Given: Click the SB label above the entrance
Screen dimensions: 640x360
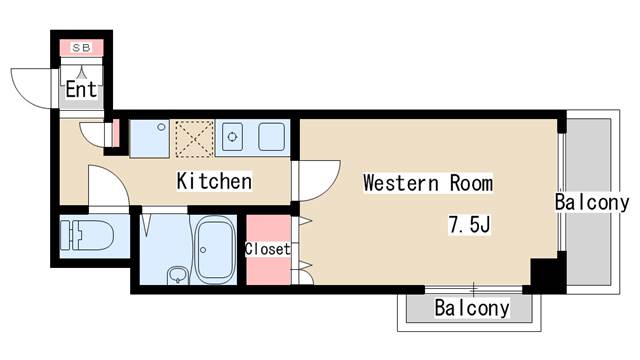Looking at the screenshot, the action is click(x=82, y=47).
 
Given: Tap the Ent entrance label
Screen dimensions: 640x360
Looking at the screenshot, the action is click(x=82, y=89).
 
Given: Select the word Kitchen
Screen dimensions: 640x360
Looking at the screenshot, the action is click(x=214, y=181).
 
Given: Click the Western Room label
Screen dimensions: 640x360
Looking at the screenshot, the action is click(x=428, y=183).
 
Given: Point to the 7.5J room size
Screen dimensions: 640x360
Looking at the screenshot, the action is click(x=469, y=224).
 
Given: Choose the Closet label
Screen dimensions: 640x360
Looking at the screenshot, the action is click(x=268, y=249).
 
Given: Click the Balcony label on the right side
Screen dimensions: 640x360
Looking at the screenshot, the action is click(x=592, y=202).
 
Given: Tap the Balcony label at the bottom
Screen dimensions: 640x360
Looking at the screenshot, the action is click(x=472, y=308).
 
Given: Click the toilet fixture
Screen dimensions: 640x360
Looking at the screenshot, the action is click(x=87, y=235).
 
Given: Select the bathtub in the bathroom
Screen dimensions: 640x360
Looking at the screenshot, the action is click(x=214, y=250).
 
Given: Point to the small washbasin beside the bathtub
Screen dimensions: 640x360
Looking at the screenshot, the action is click(x=177, y=275).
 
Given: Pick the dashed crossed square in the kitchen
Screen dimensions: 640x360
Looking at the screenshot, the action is click(x=195, y=139).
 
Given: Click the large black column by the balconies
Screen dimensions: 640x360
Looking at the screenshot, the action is click(x=548, y=272).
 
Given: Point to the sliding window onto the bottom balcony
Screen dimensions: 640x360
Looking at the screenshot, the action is click(x=473, y=290).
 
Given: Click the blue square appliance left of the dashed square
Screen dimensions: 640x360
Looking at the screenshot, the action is click(x=149, y=139).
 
